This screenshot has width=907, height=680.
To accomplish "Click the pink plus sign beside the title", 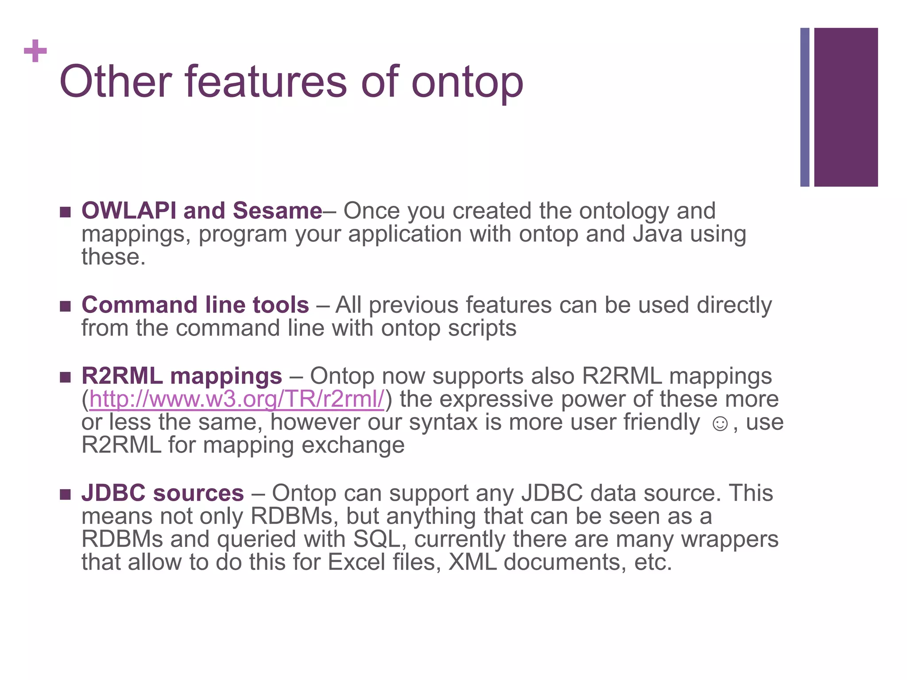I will click(x=35, y=51).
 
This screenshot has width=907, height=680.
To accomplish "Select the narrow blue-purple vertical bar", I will click(x=805, y=107).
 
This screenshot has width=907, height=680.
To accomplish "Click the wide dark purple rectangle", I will click(x=845, y=107).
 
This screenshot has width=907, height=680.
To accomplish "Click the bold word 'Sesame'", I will click(x=277, y=210).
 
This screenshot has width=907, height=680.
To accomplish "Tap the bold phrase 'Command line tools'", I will click(x=195, y=305).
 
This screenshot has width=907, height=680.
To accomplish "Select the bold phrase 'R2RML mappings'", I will click(x=182, y=376).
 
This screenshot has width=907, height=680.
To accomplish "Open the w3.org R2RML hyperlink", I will click(x=237, y=399).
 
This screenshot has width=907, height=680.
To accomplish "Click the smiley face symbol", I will click(x=720, y=424).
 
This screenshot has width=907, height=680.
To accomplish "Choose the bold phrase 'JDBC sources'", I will click(x=163, y=493).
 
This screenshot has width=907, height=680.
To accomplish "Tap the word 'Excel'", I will click(x=357, y=562).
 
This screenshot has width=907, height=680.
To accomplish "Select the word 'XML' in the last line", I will click(x=472, y=562).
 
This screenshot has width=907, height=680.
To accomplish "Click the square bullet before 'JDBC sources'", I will click(x=65, y=494).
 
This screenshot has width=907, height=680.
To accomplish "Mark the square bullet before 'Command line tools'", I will click(x=65, y=306).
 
